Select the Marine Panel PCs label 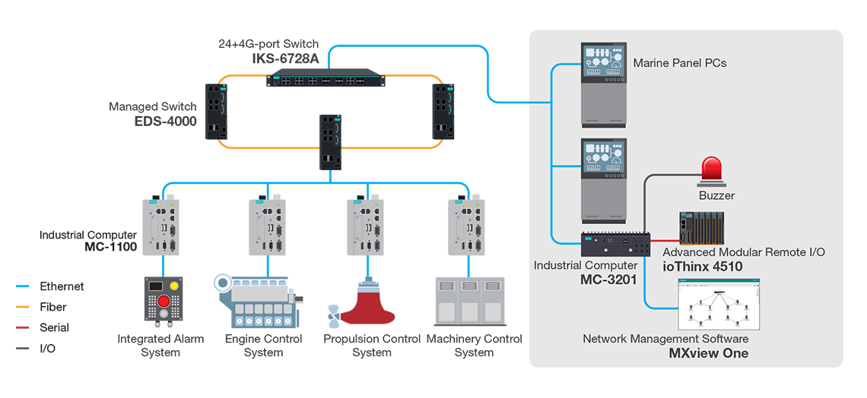pos(680,63)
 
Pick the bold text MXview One pos(708,353)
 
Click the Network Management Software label pos(665,339)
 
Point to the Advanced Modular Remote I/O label pos(744,252)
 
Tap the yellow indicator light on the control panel pos(174,286)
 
